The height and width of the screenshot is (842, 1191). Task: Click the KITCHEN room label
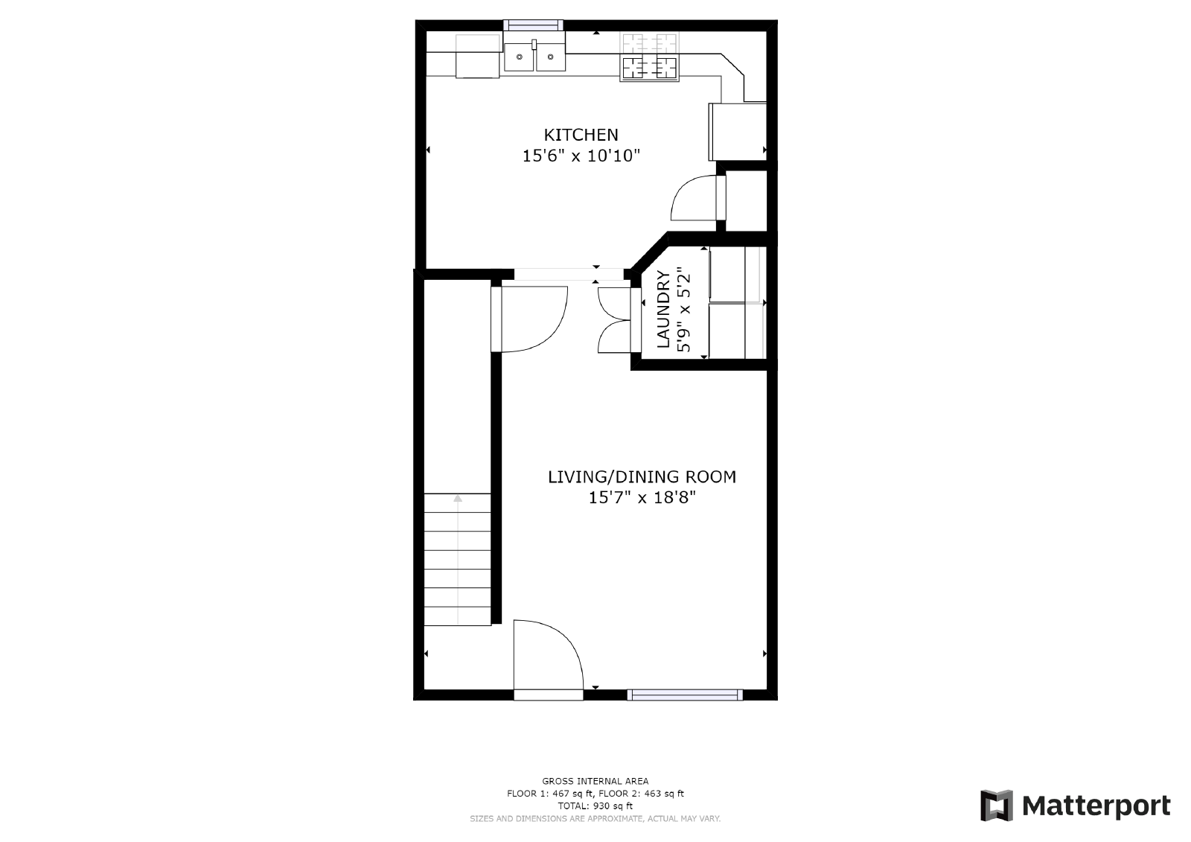coord(581,135)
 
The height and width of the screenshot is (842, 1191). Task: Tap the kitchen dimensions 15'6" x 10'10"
coord(581,156)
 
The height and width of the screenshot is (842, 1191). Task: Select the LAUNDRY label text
coord(663,310)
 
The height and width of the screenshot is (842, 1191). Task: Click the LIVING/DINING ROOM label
coord(642,476)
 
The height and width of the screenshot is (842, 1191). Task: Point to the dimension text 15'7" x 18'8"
coord(642,497)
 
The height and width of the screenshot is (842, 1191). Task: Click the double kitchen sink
coord(534,57)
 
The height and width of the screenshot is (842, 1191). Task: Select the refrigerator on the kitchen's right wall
coord(737,131)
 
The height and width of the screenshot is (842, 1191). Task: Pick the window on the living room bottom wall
coord(685,695)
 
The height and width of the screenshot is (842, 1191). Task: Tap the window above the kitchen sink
coord(534,25)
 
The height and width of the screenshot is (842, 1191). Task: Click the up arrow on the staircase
coord(458,499)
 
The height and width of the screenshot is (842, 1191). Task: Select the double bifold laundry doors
coord(614,319)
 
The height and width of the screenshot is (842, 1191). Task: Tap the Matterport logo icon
coord(997,806)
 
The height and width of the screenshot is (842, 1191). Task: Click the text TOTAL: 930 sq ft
coord(595,806)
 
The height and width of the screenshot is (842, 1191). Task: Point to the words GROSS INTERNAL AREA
coord(595,781)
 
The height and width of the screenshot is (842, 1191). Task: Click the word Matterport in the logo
coord(1096,806)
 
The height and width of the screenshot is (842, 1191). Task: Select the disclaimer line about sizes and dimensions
coord(595,818)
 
